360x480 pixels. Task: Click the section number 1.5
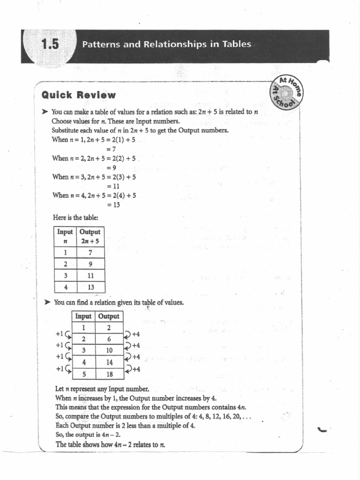click(x=50, y=45)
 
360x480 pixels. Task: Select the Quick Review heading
click(x=78, y=95)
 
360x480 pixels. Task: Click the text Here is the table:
click(x=75, y=218)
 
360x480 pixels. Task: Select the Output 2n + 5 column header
click(x=90, y=236)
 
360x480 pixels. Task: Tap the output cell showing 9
click(x=91, y=264)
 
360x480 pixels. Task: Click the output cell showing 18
click(x=109, y=374)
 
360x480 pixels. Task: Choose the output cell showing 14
click(x=109, y=362)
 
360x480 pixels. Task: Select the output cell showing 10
click(x=109, y=350)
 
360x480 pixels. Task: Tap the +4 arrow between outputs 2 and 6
click(x=131, y=334)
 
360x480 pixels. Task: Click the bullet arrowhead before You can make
click(x=45, y=112)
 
